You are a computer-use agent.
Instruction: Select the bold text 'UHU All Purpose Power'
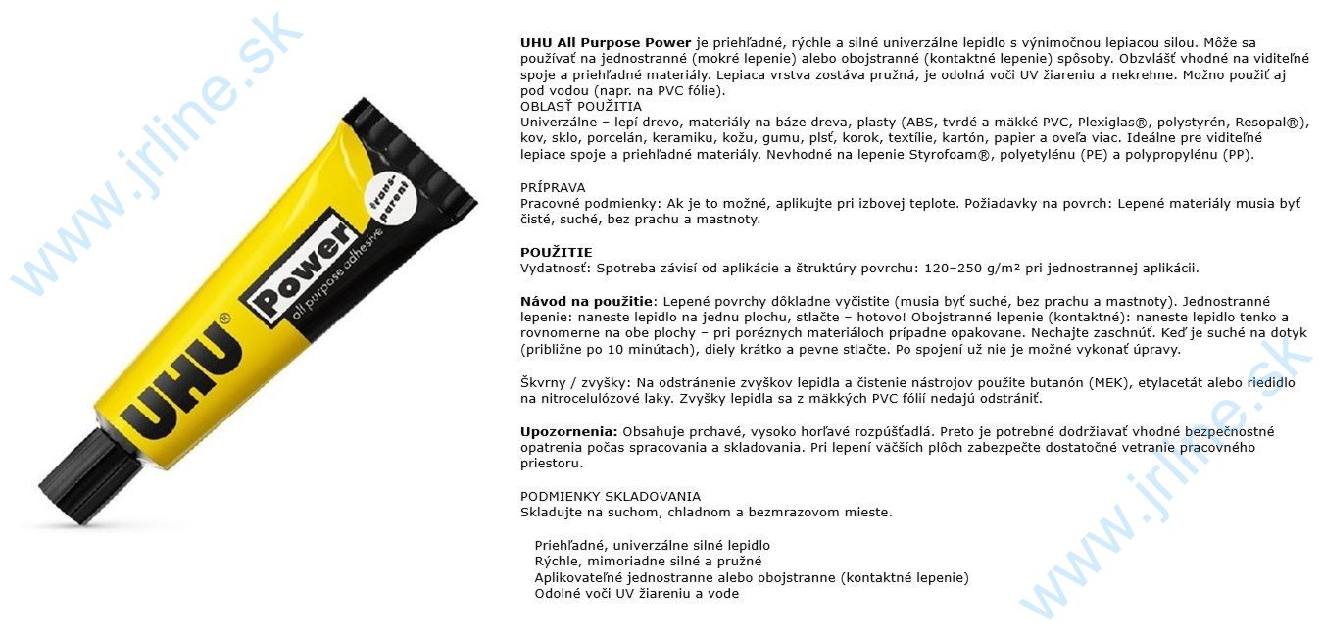(x=606, y=43)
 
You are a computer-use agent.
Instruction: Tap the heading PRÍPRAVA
(x=553, y=187)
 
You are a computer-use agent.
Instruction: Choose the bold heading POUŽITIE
(x=556, y=252)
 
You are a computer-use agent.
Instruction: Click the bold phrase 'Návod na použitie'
(x=585, y=301)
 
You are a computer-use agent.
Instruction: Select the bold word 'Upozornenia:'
(x=568, y=431)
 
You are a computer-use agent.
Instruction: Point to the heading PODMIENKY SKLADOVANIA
(x=611, y=496)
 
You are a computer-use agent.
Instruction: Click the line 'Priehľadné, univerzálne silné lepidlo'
(x=652, y=545)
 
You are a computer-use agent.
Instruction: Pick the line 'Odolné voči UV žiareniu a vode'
(x=636, y=593)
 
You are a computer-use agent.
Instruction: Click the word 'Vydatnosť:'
(x=554, y=269)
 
